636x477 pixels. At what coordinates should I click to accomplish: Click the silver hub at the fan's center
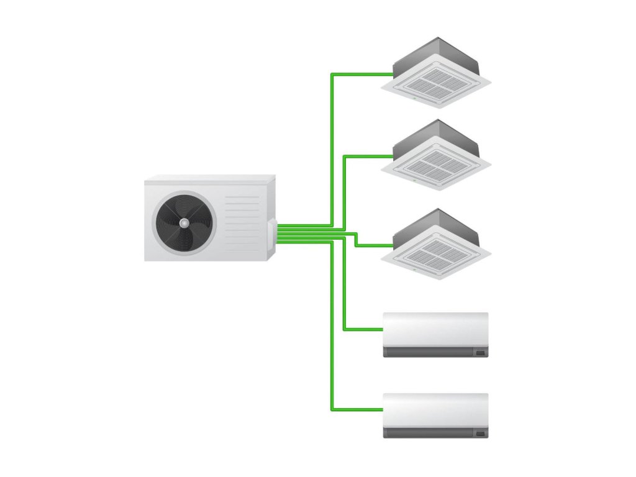coord(183,222)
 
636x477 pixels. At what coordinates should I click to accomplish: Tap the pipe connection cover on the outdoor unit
coord(271,232)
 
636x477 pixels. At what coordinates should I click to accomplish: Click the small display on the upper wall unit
coord(480,353)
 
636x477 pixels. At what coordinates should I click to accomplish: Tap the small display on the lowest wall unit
coord(480,433)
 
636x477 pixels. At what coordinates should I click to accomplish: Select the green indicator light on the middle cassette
coord(414,179)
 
